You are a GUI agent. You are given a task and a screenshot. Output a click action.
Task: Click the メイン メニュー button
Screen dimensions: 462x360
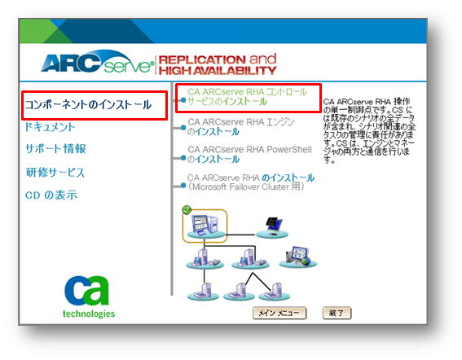279,313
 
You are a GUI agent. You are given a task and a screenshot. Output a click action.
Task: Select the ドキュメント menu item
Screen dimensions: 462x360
50,127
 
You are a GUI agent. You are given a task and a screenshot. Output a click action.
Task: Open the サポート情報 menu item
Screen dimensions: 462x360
55,149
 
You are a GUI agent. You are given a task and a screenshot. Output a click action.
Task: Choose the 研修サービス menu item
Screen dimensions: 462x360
55,173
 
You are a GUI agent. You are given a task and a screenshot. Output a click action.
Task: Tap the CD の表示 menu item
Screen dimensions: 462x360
51,195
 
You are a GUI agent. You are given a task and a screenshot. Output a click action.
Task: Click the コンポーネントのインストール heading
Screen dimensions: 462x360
88,105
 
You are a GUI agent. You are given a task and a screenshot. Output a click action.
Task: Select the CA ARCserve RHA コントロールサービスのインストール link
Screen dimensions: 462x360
247,97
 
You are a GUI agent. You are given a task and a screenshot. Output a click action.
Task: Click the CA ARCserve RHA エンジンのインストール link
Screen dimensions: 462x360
241,127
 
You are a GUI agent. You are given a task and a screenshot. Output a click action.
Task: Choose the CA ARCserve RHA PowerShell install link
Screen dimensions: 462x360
249,154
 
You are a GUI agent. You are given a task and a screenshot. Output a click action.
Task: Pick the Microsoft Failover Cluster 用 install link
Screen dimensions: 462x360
250,182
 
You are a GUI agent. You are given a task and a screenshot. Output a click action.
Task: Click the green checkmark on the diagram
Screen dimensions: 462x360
187,210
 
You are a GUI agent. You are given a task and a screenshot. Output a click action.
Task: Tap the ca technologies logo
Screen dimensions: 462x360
88,296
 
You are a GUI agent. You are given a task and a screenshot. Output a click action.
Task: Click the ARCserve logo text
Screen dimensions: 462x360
97,62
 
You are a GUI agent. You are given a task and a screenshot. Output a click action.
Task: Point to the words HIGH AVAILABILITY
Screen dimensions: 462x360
218,71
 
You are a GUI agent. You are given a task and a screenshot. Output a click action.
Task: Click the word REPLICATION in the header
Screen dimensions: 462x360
202,59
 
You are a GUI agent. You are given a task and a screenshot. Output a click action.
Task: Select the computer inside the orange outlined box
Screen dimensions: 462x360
205,226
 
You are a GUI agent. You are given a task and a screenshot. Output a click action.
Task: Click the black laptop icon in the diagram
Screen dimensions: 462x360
273,226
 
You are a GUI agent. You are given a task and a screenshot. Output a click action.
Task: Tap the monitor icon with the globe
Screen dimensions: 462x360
298,255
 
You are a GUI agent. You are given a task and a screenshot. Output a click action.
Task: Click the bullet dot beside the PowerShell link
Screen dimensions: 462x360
183,159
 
